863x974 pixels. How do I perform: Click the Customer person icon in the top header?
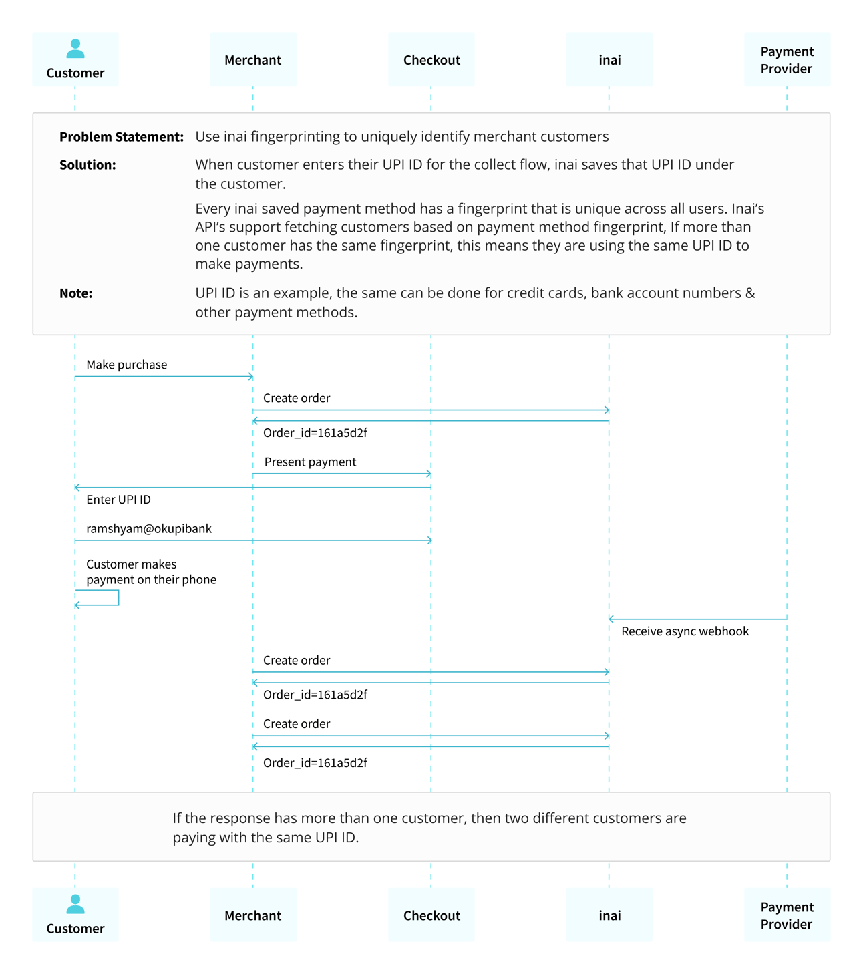[75, 49]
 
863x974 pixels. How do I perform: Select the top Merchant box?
[252, 60]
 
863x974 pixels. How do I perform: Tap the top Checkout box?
[431, 60]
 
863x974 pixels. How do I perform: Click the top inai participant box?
[609, 60]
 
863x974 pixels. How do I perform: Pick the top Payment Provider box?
[787, 60]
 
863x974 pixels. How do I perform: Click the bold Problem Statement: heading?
[121, 137]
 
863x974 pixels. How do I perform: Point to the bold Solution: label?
[88, 165]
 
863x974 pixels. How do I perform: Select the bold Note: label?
[75, 293]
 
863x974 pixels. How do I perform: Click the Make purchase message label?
[126, 365]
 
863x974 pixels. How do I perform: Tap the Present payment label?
[310, 462]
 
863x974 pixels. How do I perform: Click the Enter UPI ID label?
[118, 500]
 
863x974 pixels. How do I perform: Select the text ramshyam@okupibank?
[149, 528]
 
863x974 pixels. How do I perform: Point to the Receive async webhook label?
[685, 631]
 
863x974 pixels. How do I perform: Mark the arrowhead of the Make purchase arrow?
[250, 377]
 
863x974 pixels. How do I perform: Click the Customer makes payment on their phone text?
[151, 572]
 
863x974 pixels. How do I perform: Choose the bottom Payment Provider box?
[787, 915]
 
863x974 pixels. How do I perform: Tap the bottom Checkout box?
[431, 915]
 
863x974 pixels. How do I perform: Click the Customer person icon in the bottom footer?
[75, 904]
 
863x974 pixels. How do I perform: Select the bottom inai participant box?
[609, 915]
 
